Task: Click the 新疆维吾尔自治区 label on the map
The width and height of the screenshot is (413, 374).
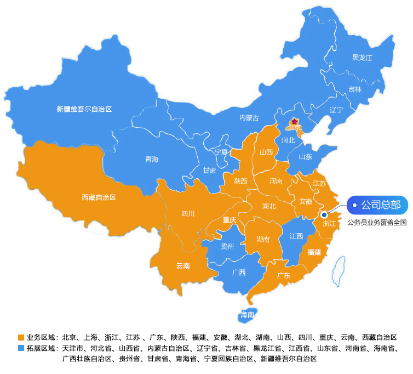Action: coord(84,109)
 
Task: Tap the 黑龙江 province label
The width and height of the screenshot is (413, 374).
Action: coord(362,58)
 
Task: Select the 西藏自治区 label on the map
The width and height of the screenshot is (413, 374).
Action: coord(99,196)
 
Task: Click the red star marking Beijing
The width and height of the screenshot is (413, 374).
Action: coord(295,122)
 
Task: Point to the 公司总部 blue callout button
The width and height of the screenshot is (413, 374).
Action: coord(378,205)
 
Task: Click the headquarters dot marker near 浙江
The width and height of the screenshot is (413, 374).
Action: coord(324,215)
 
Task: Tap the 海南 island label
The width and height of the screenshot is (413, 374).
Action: coord(247,315)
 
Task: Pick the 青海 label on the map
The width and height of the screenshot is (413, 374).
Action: coord(152,159)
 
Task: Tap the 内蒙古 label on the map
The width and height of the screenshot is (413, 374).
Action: coord(249,117)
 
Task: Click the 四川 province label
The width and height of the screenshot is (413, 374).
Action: coord(188,214)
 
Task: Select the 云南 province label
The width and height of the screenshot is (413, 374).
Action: coord(183,266)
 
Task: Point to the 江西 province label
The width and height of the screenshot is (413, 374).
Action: coord(296,236)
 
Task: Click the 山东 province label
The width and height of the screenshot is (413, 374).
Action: coord(306,156)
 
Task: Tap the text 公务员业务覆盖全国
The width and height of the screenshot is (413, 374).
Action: coord(377,223)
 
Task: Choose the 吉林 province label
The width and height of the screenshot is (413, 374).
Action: coord(355,89)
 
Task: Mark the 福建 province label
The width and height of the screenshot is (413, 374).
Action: coord(314,252)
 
